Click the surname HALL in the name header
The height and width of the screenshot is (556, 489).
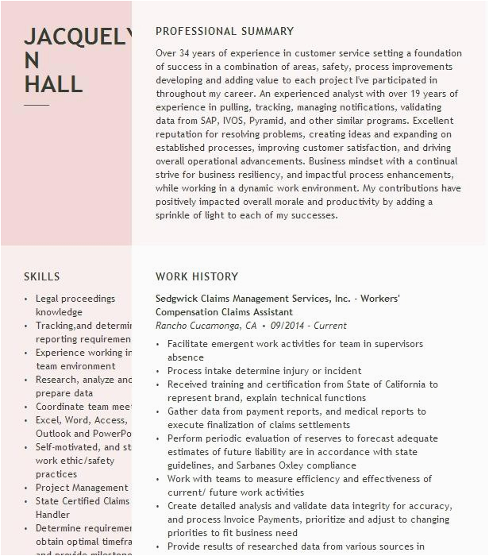[x=53, y=84]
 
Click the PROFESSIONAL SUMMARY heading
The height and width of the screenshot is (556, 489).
[x=225, y=32]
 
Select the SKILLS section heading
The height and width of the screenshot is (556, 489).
[x=42, y=276]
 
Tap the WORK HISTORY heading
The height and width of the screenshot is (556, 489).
[x=197, y=276]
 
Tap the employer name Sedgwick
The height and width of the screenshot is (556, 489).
[x=177, y=299]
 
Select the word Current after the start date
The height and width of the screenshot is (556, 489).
[x=331, y=326]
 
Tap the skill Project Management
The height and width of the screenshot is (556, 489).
[x=82, y=488]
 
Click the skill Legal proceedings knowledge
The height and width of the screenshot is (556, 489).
[x=75, y=306]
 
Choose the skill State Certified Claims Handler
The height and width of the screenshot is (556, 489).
[x=82, y=508]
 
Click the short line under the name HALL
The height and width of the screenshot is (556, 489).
[x=37, y=105]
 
